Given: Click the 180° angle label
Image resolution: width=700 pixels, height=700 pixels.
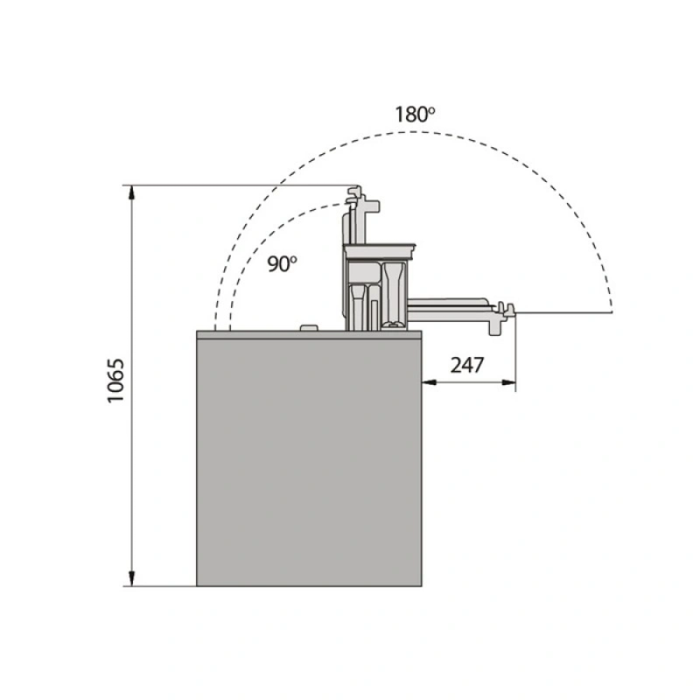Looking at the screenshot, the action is [x=414, y=115].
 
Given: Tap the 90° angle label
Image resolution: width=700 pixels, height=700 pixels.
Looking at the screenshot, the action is [x=282, y=264].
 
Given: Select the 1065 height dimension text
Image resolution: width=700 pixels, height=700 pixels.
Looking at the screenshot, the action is [x=115, y=380].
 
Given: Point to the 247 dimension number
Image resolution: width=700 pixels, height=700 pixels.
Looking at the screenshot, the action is [x=467, y=365].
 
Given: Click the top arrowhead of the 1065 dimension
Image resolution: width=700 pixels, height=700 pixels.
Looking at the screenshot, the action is [x=132, y=192].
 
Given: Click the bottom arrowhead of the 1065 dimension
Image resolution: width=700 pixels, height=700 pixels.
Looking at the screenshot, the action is [x=132, y=579].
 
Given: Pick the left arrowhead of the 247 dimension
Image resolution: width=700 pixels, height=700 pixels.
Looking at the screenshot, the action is [x=430, y=382].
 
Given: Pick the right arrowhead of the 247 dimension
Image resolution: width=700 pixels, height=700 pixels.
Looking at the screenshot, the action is [x=509, y=382].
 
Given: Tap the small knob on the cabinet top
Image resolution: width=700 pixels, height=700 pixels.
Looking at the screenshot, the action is [x=309, y=328].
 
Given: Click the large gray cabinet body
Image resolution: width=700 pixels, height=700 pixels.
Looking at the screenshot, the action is [x=309, y=463].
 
